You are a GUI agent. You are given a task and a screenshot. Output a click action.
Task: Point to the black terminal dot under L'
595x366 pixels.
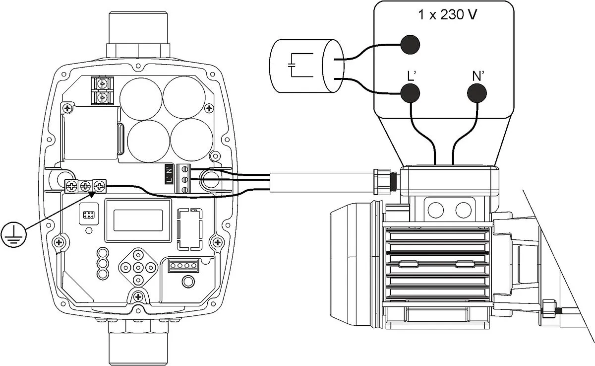coord(410,93)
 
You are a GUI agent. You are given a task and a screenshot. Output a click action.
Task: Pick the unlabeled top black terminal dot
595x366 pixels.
coord(410,44)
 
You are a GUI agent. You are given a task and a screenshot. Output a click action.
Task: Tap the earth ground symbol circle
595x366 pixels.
coord(12,235)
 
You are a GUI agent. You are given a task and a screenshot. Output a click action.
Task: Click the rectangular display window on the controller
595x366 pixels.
coord(138,219)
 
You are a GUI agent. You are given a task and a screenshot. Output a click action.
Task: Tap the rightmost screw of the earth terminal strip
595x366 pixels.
coord(100,187)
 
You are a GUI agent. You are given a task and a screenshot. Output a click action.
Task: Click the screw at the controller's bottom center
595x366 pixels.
coord(138,297)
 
